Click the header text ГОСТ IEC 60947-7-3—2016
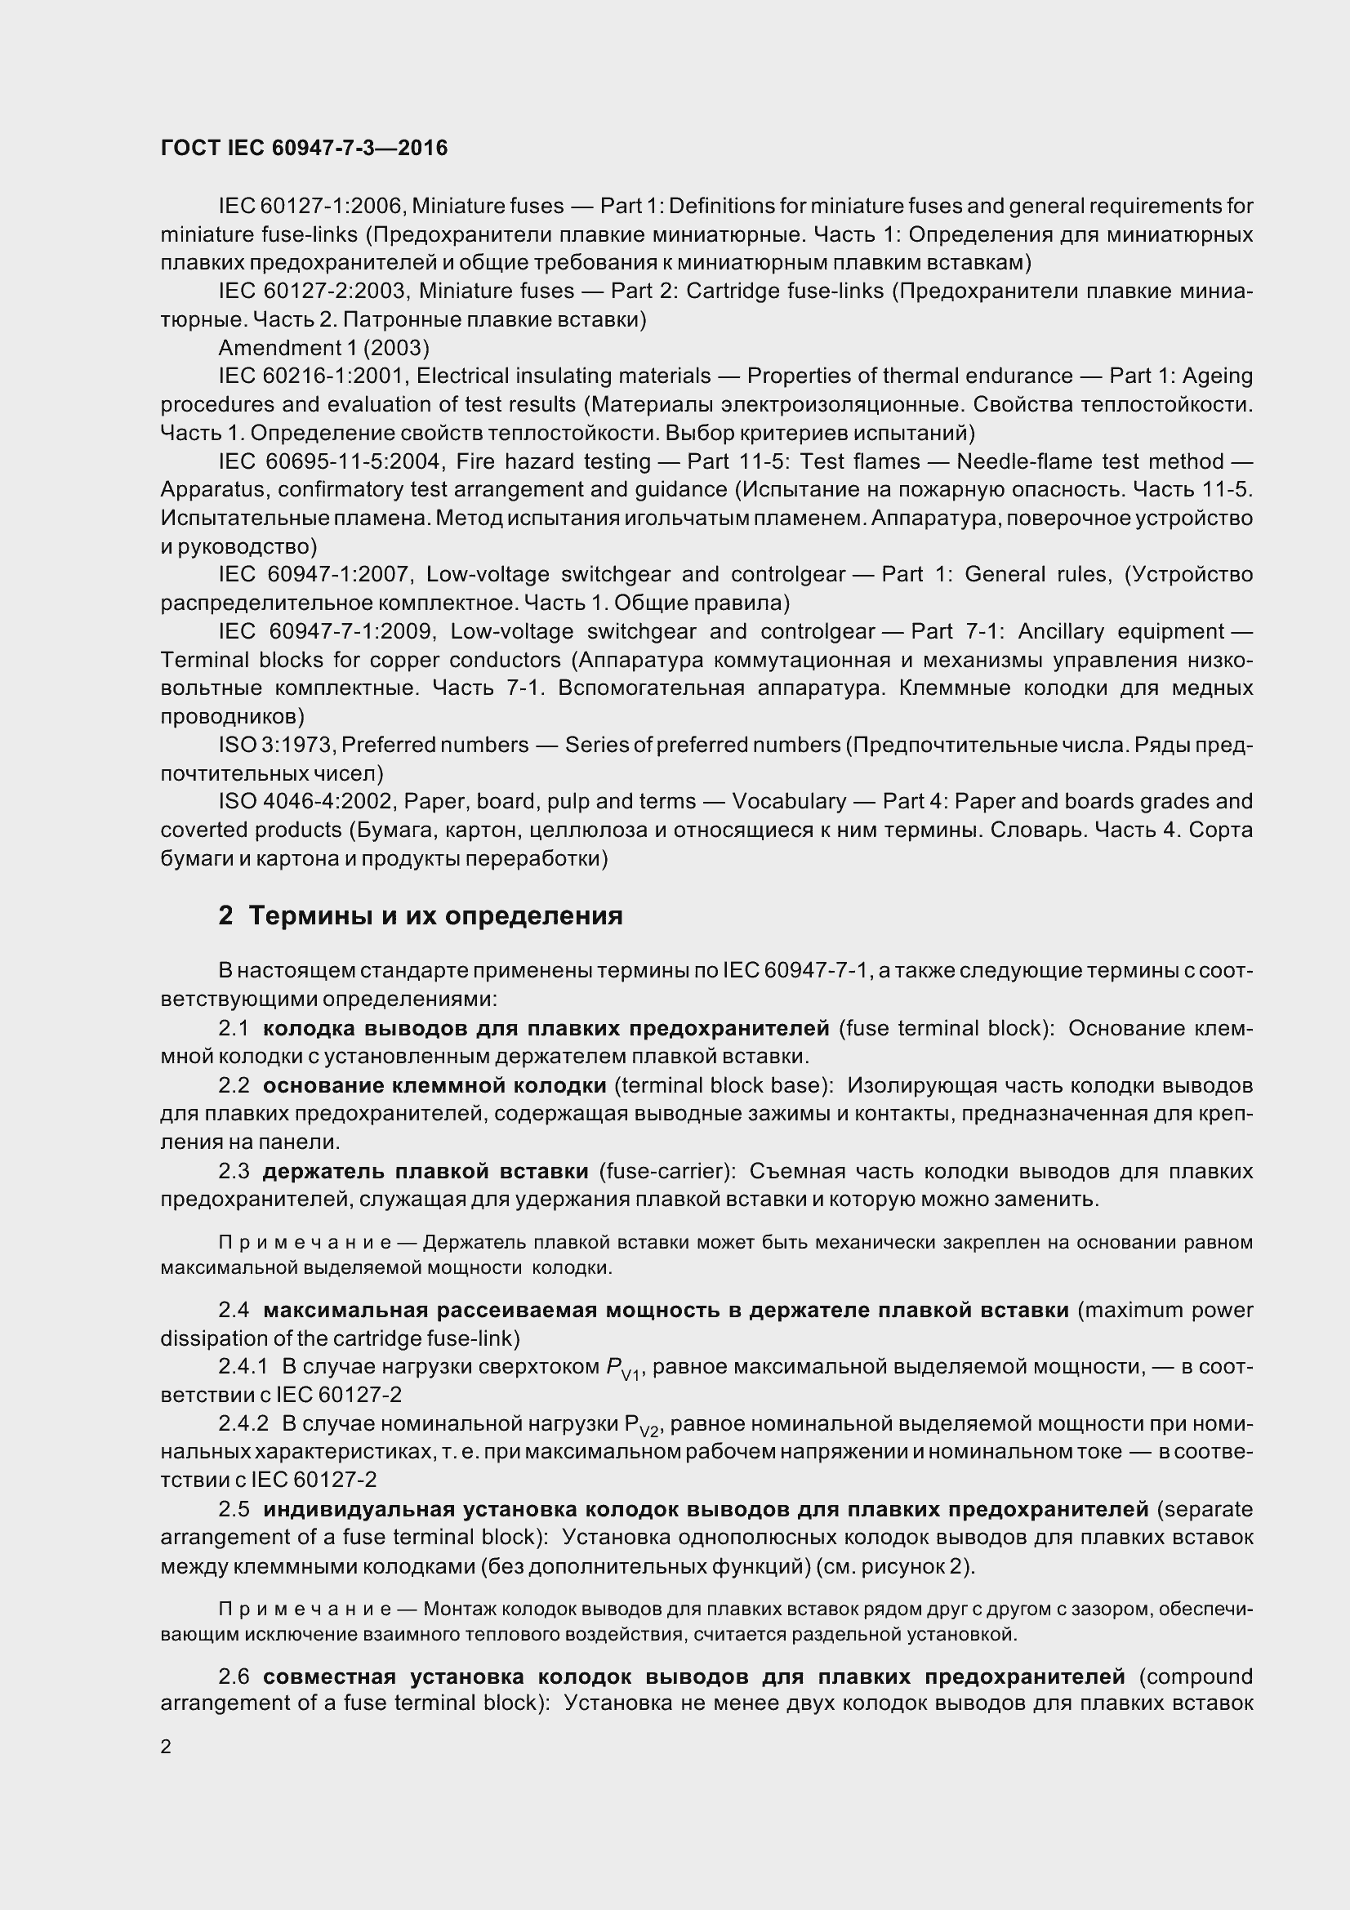[304, 148]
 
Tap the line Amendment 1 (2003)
[323, 348]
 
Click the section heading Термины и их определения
[436, 916]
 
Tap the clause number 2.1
[234, 1028]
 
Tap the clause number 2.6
[234, 1676]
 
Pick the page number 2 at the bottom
[166, 1746]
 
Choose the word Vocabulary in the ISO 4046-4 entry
[789, 801]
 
